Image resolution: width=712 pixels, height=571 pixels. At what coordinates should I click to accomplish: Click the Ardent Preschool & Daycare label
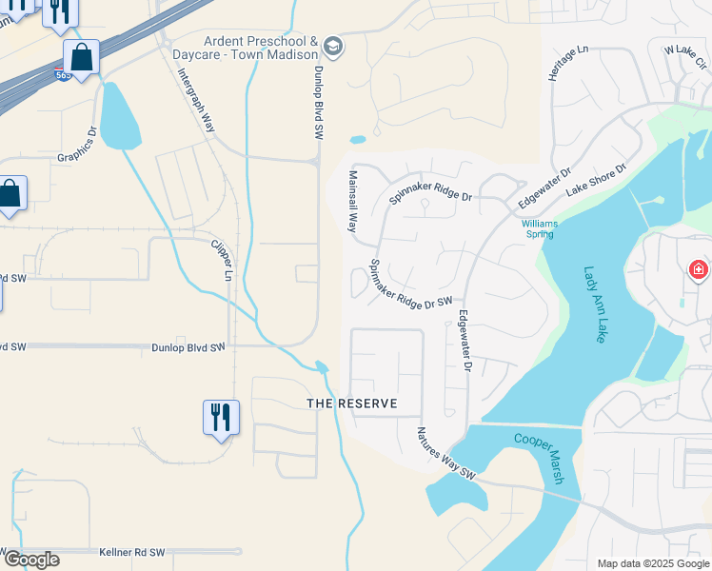260,48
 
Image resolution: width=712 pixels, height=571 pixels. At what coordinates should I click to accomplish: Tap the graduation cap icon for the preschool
332,46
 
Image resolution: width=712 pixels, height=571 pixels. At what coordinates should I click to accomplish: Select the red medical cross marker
699,270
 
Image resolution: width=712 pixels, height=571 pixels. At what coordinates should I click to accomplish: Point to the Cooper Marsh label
540,458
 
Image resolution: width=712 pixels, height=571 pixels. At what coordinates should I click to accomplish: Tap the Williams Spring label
540,229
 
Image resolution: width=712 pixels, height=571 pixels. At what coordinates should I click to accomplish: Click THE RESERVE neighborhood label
351,404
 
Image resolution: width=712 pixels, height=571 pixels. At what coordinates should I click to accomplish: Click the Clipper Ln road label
221,259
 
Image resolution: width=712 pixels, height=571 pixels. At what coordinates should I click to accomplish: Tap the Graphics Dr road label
78,146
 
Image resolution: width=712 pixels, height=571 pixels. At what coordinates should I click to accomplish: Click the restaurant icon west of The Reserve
221,416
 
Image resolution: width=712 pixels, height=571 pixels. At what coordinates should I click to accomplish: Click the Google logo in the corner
31,560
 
